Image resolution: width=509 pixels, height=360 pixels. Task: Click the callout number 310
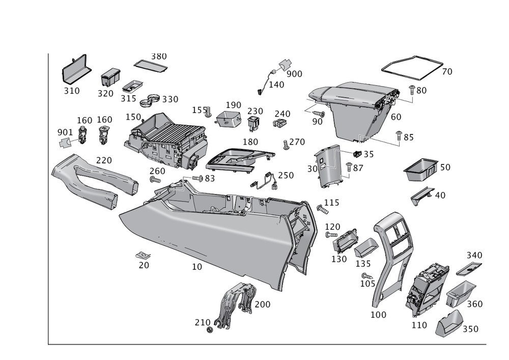[72, 91]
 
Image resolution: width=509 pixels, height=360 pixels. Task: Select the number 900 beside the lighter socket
[295, 74]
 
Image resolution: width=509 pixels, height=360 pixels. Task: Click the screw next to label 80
[412, 97]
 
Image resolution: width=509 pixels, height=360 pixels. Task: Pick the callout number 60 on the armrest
[396, 117]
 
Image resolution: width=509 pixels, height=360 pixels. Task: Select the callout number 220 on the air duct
[104, 160]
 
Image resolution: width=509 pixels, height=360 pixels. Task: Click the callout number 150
[133, 117]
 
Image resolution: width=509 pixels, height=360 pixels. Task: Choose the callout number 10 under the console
[197, 266]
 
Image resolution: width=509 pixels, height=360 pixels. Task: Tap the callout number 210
[202, 322]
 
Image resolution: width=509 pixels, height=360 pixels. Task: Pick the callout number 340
[475, 255]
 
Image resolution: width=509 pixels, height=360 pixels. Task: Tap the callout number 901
[65, 133]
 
